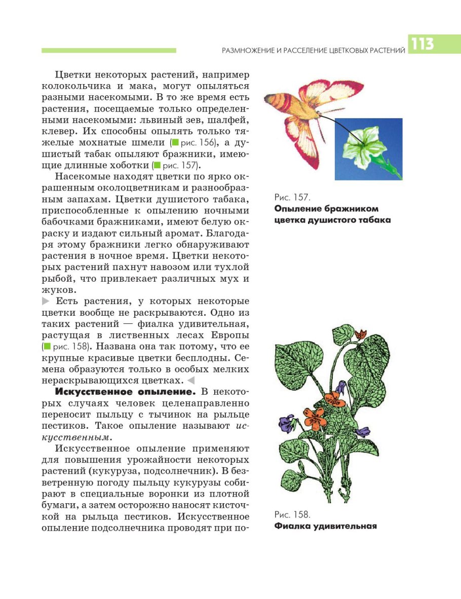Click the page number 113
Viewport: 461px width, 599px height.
click(422, 45)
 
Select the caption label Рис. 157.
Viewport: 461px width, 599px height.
click(291, 197)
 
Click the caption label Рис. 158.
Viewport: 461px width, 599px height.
click(292, 514)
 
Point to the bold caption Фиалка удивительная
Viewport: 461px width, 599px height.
click(325, 526)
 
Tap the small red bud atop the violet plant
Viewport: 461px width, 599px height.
click(361, 334)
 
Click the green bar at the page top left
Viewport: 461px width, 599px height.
click(108, 51)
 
